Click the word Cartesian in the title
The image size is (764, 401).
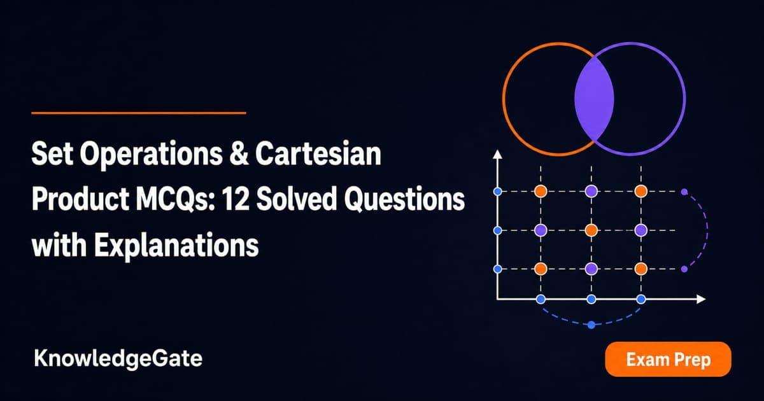point(318,154)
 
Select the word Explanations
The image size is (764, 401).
point(176,246)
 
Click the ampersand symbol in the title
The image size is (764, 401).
point(239,154)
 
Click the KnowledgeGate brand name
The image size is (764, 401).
point(118,359)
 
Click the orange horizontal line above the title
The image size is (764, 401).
point(139,113)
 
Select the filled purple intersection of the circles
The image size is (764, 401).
point(594,99)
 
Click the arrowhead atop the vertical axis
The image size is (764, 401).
point(498,155)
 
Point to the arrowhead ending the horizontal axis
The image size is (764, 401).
point(701,299)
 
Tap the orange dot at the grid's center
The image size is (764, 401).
point(591,230)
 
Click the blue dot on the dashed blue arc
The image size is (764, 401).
point(591,325)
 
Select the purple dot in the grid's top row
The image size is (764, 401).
point(591,192)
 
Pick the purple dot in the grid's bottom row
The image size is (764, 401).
point(591,269)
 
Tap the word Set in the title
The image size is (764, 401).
point(52,154)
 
